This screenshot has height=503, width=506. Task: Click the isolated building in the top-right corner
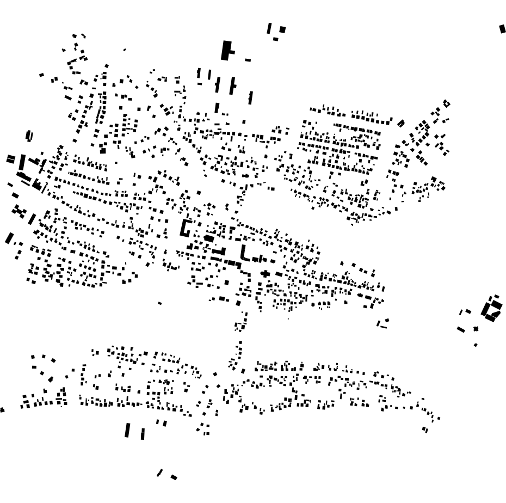tap(502, 29)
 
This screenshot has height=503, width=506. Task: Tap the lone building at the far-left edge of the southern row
tap(2, 409)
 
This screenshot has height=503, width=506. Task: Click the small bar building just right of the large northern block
tap(248, 60)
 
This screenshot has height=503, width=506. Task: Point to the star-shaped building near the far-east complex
tap(476, 329)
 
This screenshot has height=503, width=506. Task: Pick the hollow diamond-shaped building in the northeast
tap(447, 103)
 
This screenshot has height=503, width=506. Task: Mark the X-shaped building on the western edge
tap(20, 211)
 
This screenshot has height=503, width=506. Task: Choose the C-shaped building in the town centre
tap(186, 228)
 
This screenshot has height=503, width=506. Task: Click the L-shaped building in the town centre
tap(245, 253)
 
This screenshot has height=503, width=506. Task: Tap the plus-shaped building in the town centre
tap(265, 273)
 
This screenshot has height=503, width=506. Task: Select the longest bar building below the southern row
tap(127, 430)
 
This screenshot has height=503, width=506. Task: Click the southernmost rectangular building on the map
tap(174, 477)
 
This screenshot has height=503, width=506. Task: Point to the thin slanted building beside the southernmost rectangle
tap(160, 473)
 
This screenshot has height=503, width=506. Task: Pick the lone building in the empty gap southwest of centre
tap(159, 303)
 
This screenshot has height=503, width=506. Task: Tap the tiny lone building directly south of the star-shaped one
tap(476, 345)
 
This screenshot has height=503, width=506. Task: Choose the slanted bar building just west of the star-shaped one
tap(461, 329)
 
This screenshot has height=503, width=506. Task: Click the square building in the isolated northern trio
tap(282, 29)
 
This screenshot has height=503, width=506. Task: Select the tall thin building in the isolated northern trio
tap(269, 28)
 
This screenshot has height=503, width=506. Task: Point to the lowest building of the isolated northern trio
tap(275, 39)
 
